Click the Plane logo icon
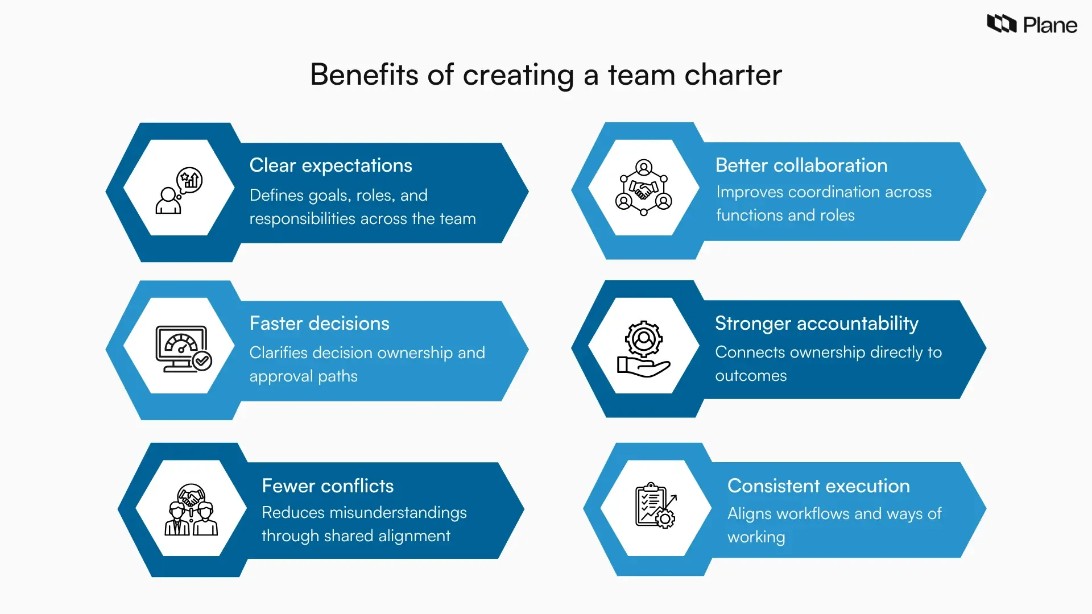tap(1001, 24)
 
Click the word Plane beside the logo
tap(1050, 26)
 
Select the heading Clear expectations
tap(330, 165)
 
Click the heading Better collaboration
tap(801, 165)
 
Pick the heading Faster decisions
tap(319, 323)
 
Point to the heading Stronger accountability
tap(816, 323)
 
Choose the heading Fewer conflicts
tap(328, 486)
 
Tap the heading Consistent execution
tap(818, 486)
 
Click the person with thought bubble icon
tap(179, 190)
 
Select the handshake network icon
tap(643, 188)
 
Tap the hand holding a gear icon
tap(643, 349)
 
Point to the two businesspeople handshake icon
tap(191, 510)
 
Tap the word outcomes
tap(751, 376)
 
